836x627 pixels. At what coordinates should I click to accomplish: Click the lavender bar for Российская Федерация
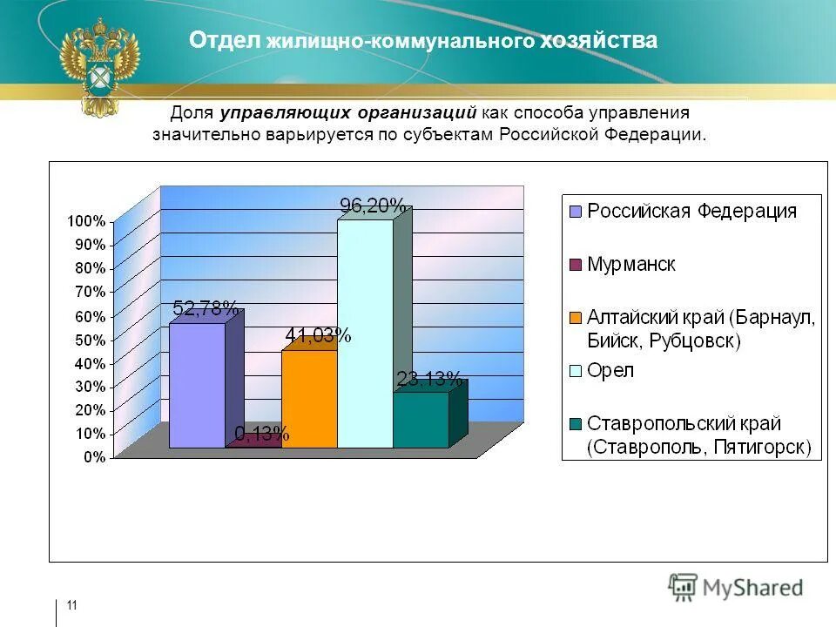(196, 385)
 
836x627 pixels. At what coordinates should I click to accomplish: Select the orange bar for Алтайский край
(308, 399)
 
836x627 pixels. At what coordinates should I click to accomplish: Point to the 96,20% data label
(372, 206)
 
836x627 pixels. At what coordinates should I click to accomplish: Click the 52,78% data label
(206, 308)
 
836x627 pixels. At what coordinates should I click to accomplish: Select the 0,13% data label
(262, 434)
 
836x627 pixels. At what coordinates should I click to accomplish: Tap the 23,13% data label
(429, 378)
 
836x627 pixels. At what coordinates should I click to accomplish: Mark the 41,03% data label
(318, 336)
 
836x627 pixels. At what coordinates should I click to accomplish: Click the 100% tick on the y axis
(87, 221)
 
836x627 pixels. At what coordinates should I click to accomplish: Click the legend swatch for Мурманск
(575, 265)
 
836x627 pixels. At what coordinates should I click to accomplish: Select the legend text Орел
(610, 371)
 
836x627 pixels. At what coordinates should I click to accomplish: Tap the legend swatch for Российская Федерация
(575, 212)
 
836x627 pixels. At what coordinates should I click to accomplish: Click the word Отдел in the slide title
(226, 41)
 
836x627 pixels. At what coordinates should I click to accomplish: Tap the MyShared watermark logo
(737, 588)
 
